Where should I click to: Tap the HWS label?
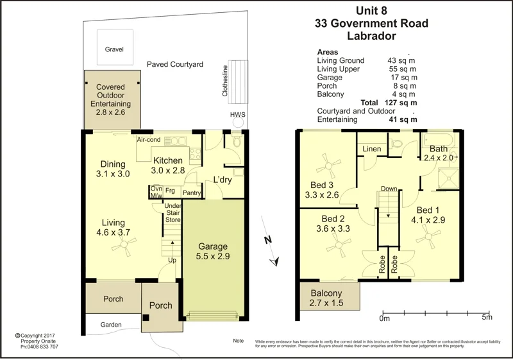238,115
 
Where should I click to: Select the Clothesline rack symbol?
238,81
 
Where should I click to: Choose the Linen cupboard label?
372,149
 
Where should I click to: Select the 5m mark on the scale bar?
487,316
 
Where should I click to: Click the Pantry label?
192,193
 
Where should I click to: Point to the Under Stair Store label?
173,212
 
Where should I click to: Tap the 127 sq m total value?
403,102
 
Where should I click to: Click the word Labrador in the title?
371,37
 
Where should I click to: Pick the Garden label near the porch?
110,325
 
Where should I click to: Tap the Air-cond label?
148,139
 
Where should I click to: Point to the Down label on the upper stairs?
389,189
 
